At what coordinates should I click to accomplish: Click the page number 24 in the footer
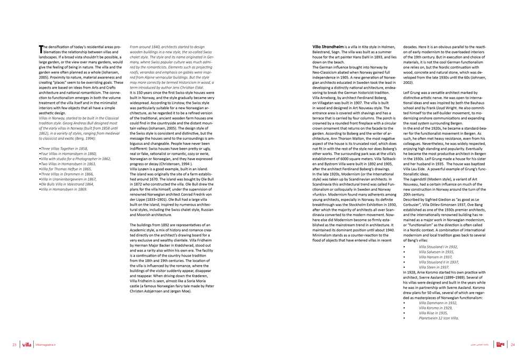click(x=512, y=345)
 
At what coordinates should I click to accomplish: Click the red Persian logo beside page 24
click(x=501, y=344)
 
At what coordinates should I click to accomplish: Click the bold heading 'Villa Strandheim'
click(x=328, y=47)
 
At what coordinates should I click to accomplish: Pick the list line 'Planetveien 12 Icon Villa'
click(x=438, y=318)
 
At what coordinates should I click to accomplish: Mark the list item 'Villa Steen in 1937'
click(x=434, y=267)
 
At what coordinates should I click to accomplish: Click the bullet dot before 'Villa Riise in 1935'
click(x=404, y=313)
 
